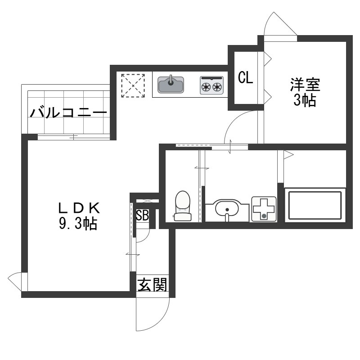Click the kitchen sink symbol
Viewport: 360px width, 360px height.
(x=171, y=84)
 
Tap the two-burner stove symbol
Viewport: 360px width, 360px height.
(x=211, y=85)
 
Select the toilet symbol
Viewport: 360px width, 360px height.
(x=183, y=206)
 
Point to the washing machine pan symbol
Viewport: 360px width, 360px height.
(x=264, y=209)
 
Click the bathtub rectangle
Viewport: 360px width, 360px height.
(x=315, y=205)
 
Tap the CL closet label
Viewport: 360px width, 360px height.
(x=245, y=77)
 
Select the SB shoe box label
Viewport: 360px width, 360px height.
(x=142, y=216)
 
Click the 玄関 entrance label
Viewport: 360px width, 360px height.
(x=153, y=285)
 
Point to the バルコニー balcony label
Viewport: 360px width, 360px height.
(x=68, y=113)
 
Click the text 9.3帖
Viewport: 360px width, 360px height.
(x=78, y=223)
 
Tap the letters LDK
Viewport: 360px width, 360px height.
(x=79, y=207)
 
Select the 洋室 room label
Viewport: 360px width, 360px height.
(x=305, y=85)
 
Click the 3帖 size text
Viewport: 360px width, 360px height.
(x=305, y=100)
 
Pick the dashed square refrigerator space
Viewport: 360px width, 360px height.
(x=133, y=85)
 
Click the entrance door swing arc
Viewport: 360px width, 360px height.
(x=161, y=321)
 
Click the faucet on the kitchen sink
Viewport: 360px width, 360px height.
(x=171, y=80)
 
